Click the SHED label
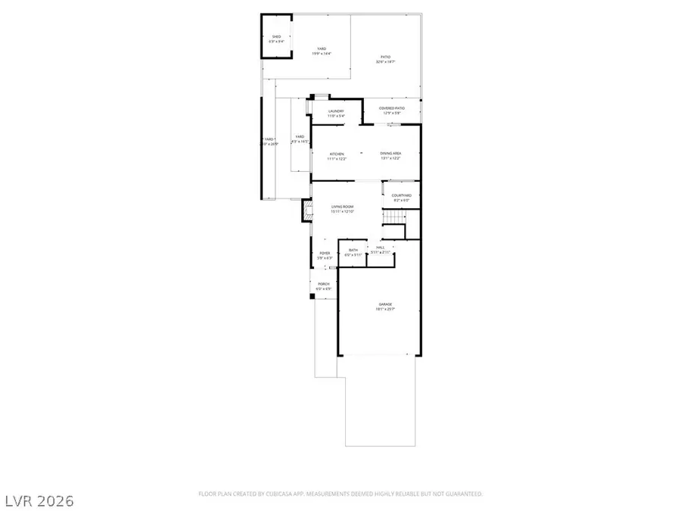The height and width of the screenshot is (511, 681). pyautogui.click(x=278, y=36)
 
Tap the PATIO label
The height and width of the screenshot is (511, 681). pyautogui.click(x=385, y=57)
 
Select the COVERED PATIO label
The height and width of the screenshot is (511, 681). pyautogui.click(x=391, y=108)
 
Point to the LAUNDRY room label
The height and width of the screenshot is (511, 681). pyautogui.click(x=336, y=111)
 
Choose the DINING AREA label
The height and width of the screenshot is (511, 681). pyautogui.click(x=390, y=154)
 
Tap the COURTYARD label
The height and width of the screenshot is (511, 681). pyautogui.click(x=401, y=195)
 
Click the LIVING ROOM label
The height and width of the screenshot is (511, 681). pyautogui.click(x=343, y=206)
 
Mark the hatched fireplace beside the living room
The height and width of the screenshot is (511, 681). pyautogui.click(x=306, y=210)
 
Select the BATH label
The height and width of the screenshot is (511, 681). pyautogui.click(x=353, y=250)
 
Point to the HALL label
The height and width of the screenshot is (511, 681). pyautogui.click(x=380, y=248)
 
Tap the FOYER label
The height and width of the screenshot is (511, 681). pyautogui.click(x=325, y=254)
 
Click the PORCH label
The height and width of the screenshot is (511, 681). pyautogui.click(x=324, y=284)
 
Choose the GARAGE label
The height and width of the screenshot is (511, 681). pyautogui.click(x=386, y=304)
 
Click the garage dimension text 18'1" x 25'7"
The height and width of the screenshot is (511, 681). pyautogui.click(x=386, y=309)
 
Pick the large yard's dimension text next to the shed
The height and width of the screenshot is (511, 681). pyautogui.click(x=321, y=54)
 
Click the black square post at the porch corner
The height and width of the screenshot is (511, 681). pyautogui.click(x=312, y=296)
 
